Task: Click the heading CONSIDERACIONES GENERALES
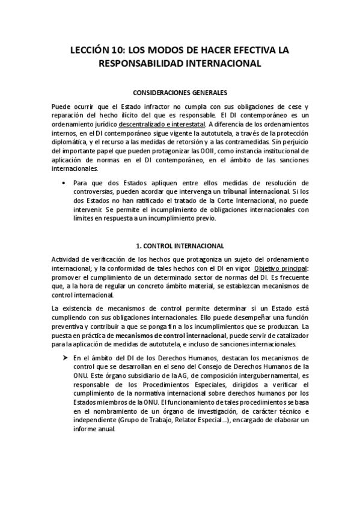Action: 180,93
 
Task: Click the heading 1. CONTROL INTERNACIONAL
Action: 180,246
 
